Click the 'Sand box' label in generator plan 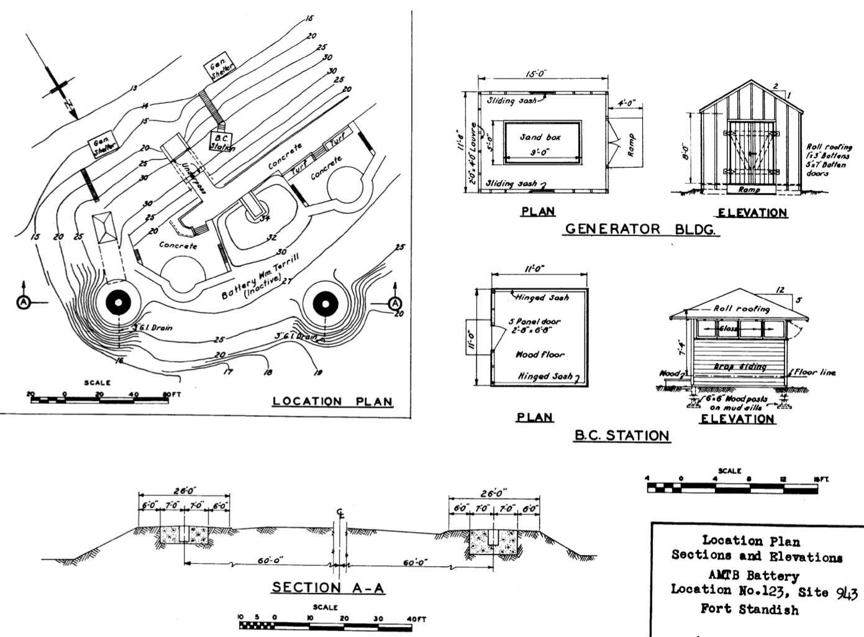click(x=540, y=137)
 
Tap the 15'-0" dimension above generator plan click(x=536, y=73)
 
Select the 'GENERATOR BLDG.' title click(x=640, y=229)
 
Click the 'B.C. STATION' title click(x=621, y=435)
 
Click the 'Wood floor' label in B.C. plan click(x=540, y=354)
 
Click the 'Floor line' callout click(x=814, y=372)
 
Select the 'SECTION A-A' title click(x=329, y=587)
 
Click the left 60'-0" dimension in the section click(x=270, y=560)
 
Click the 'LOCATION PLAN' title click(x=333, y=401)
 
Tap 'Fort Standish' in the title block click(x=750, y=609)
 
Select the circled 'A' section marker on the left click(x=23, y=302)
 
